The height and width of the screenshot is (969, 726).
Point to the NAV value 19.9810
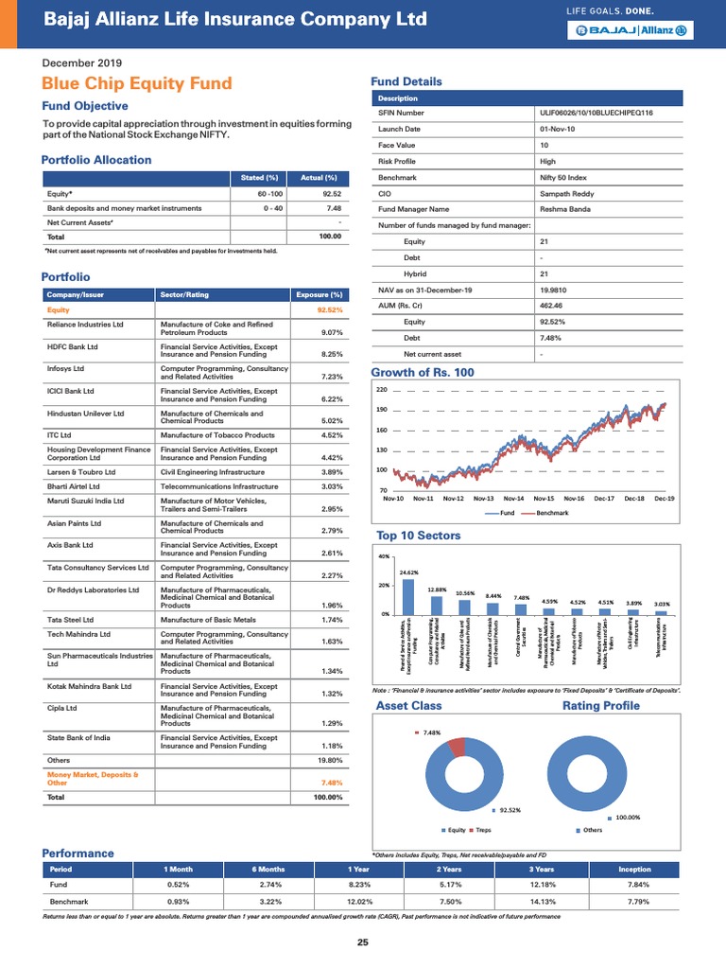[x=556, y=290]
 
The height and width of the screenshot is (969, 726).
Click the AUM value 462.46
[x=553, y=306]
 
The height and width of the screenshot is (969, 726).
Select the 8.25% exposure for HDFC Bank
[x=329, y=354]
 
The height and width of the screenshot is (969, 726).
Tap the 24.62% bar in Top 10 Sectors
[x=408, y=597]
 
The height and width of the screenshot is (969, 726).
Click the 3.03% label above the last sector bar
[x=662, y=603]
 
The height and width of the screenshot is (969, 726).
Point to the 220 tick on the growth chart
[x=382, y=389]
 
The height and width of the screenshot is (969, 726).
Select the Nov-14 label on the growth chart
[x=513, y=498]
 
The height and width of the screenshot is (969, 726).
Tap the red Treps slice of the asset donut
[x=458, y=747]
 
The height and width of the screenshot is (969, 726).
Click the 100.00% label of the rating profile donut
[x=627, y=817]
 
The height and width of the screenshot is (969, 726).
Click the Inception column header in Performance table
[x=634, y=868]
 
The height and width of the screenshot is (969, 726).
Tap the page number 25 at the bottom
[x=363, y=943]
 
